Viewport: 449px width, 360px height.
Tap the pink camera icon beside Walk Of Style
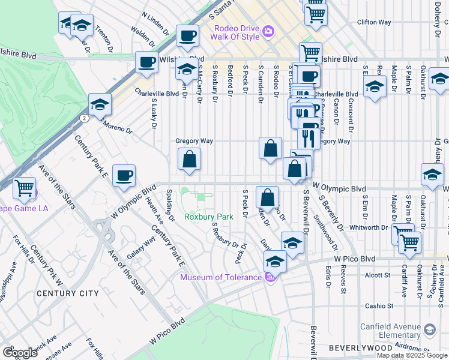point(268,30)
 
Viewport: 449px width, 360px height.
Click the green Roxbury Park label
point(208,217)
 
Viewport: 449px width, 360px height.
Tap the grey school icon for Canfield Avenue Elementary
point(430,329)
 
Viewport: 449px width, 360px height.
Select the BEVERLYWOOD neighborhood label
point(360,348)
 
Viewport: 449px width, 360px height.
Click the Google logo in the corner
point(20,353)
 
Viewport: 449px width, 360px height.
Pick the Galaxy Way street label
point(145,246)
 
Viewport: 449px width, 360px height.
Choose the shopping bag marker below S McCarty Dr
point(189,159)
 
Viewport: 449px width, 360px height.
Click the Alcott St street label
point(378,275)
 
